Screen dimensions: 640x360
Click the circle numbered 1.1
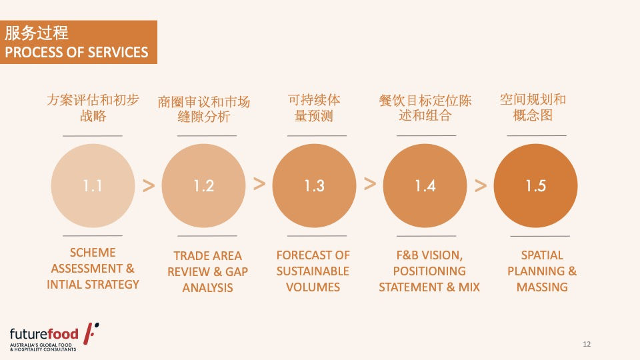tap(93, 186)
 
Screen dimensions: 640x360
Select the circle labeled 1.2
tap(204, 186)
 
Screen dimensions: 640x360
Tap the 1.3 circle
tap(314, 186)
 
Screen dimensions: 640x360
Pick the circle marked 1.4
tap(425, 186)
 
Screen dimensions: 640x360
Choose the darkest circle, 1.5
tap(535, 186)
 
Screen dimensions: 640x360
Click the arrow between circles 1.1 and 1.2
tap(149, 186)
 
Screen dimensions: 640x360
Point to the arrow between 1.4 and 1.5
tap(481, 186)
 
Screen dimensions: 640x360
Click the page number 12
tap(587, 344)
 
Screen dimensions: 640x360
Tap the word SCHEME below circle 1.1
tap(93, 253)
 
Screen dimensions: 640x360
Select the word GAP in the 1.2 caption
tap(237, 272)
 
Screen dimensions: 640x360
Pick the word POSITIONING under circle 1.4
tap(429, 271)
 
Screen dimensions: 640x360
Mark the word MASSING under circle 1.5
tap(542, 287)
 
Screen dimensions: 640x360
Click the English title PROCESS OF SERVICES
tap(76, 52)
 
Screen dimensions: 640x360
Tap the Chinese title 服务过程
tap(37, 33)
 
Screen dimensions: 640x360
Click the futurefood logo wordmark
tap(44, 334)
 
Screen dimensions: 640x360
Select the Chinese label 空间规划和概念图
tap(533, 107)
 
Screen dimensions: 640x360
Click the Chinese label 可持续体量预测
tap(314, 108)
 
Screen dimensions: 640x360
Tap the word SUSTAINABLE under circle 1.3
tap(313, 271)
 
